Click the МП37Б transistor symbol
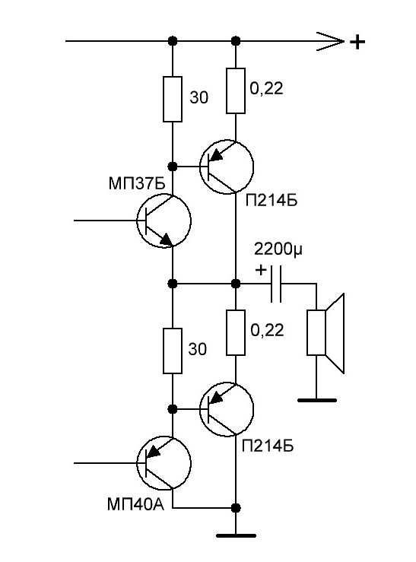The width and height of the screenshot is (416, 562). pos(164,221)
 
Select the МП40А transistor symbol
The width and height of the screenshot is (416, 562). pos(164,463)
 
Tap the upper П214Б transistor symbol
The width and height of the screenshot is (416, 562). pos(227,167)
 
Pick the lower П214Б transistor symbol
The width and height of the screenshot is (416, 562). pos(227,409)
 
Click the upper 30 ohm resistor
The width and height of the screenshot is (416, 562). pos(173,99)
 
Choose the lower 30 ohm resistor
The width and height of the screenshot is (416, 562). pos(173,351)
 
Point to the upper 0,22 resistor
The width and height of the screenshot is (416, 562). pos(236,90)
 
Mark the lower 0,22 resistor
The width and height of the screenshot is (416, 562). pos(236,332)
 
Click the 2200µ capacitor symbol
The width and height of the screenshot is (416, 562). pos(276,284)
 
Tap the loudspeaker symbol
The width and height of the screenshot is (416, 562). pos(325,333)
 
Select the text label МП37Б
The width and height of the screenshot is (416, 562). pos(137,184)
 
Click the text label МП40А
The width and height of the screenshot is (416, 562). pos(135,505)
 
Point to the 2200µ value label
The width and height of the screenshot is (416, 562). pos(278,249)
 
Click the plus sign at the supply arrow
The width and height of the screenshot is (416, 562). pos(357,43)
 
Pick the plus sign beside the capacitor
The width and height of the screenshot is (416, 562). pos(261,269)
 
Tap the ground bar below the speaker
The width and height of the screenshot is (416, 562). pos(317,400)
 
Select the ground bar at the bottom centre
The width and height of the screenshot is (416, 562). pos(236,536)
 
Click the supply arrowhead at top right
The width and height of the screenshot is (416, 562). pos(330,42)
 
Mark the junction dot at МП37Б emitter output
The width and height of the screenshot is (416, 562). pos(173,284)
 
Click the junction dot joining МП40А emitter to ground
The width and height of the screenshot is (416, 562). pos(236,508)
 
